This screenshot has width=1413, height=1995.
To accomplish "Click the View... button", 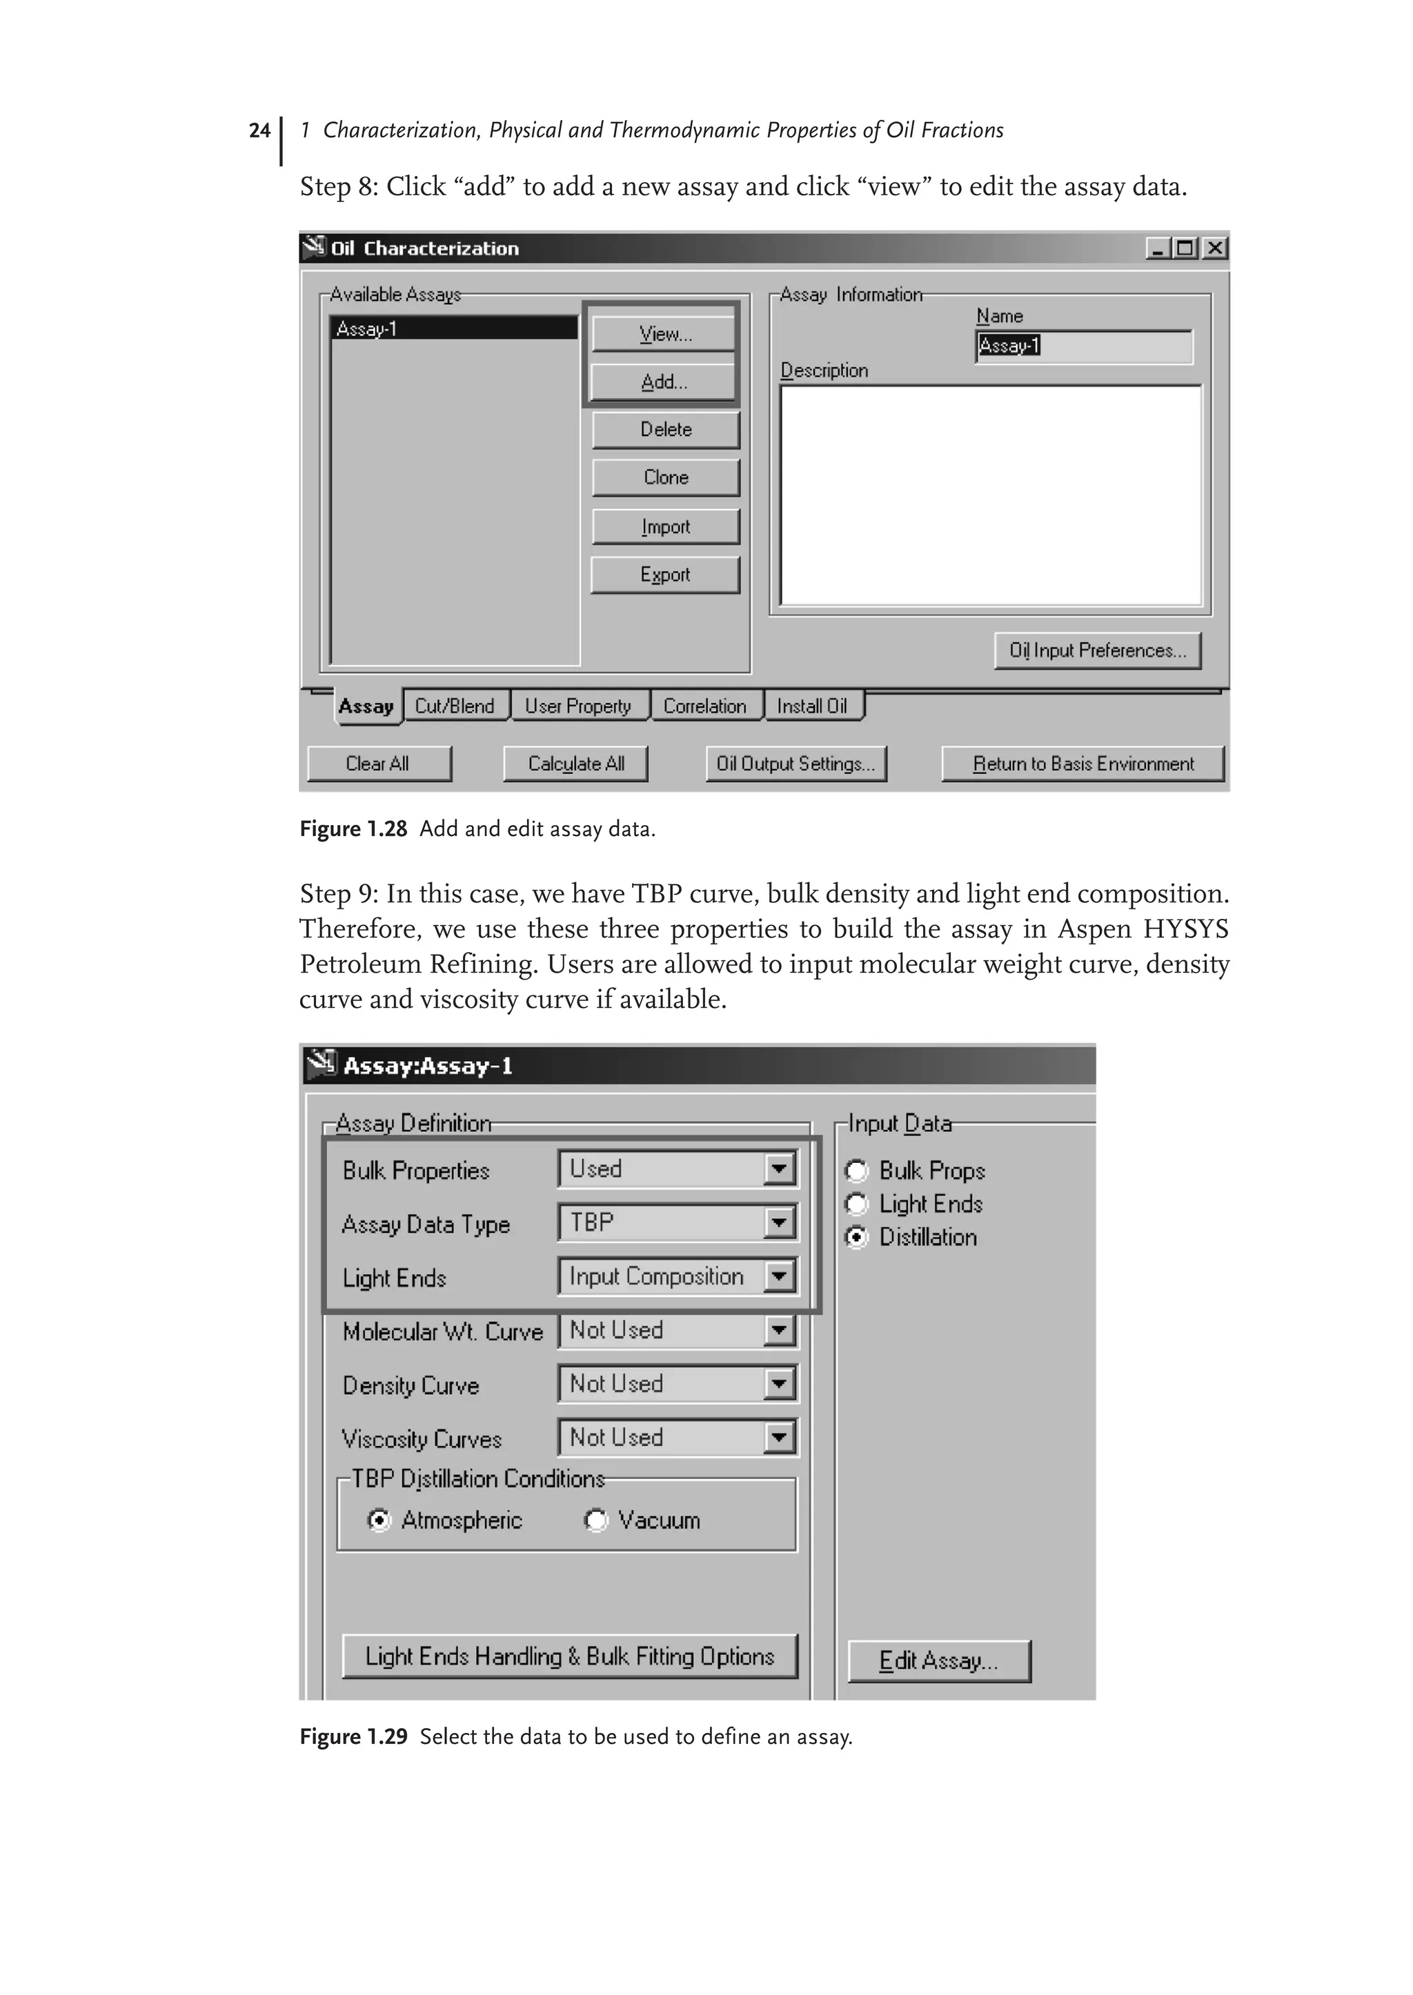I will coord(664,334).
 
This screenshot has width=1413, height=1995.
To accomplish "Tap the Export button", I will coord(664,575).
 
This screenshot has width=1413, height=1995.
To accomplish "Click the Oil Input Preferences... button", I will coord(1097,651).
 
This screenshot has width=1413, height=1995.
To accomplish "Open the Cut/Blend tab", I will coord(454,706).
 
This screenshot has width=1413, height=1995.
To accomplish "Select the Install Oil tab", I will coord(812,706).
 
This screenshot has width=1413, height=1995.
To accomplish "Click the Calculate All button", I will coord(575,764).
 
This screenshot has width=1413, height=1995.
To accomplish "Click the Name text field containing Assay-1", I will coord(1083,346).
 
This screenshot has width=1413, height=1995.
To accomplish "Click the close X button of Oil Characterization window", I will coord(1214,249).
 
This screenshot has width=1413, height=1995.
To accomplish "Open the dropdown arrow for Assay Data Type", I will coord(780,1223).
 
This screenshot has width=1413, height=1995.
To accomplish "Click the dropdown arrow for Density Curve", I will coord(780,1384).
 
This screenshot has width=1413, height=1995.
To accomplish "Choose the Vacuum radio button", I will coord(596,1521).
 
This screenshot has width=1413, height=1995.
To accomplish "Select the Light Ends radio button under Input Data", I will coord(857,1204).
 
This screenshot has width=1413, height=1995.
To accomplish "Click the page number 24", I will coord(259,131).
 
